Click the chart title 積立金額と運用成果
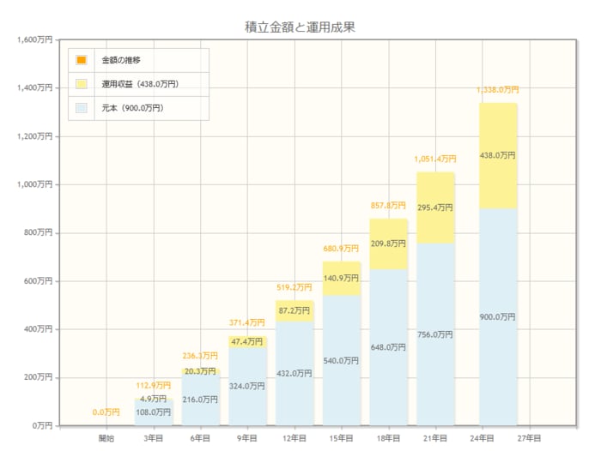click(x=300, y=27)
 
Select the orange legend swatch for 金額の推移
click(x=82, y=60)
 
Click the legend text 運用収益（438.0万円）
click(x=140, y=84)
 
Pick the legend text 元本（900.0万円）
click(x=132, y=108)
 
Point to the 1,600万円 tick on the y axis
click(x=34, y=39)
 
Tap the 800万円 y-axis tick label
click(x=38, y=232)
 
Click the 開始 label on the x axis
click(x=106, y=438)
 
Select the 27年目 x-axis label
click(x=529, y=438)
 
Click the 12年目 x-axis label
click(x=294, y=438)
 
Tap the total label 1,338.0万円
click(x=498, y=89)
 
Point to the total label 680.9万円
click(x=342, y=249)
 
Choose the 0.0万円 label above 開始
click(x=106, y=412)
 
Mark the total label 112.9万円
click(x=154, y=385)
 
